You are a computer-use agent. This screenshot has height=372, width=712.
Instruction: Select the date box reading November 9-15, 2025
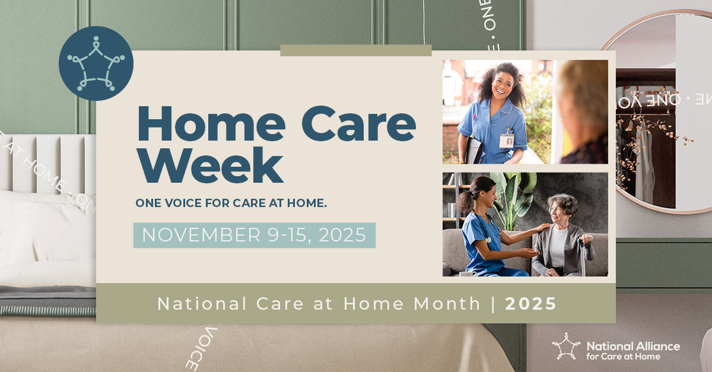coord(254,235)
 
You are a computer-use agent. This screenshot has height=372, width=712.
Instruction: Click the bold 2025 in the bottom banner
coord(530,304)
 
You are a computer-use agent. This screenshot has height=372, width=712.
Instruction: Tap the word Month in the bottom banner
coord(447,304)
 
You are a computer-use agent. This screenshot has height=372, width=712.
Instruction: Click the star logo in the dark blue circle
coord(96,63)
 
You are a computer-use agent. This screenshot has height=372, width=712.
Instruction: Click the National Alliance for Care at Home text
coord(632,351)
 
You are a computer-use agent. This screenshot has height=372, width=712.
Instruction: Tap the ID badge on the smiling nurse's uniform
coord(506,141)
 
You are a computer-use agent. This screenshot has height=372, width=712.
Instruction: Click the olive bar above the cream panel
coord(355,50)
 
